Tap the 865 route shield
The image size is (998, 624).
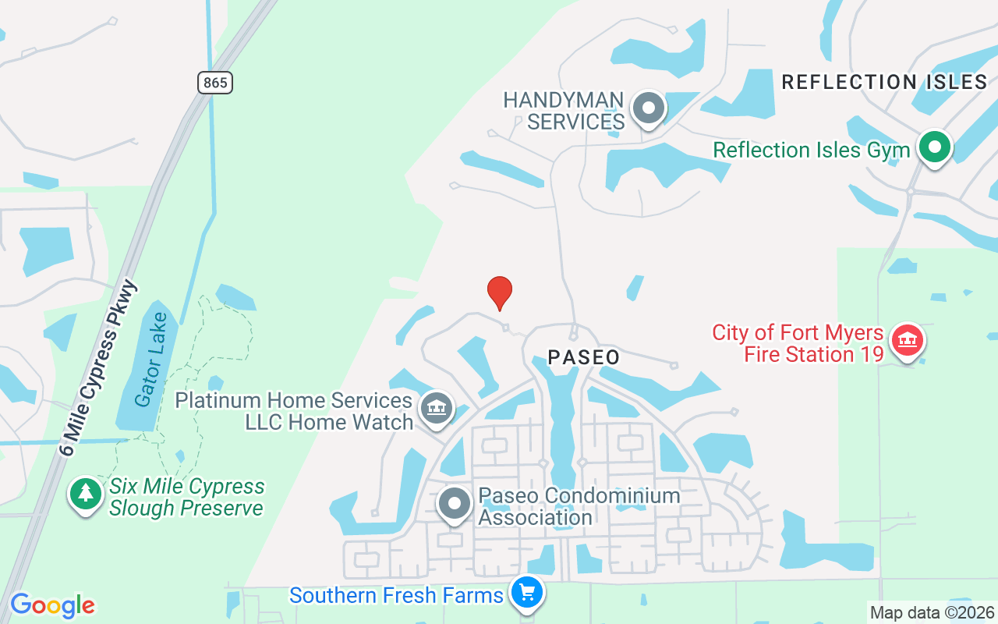point(215,83)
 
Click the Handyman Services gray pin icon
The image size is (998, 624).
point(648,108)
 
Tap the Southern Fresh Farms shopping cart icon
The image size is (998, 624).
point(527,594)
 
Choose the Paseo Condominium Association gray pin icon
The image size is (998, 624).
point(454,504)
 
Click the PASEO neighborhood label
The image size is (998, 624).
point(584,358)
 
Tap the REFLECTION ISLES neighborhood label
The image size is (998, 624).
point(885,82)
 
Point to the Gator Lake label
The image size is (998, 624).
point(150,360)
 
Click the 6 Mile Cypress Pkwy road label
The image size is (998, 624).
point(98,367)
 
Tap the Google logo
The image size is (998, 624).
point(52,605)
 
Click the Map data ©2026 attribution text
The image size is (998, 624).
point(932,613)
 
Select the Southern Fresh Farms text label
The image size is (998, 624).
point(396,596)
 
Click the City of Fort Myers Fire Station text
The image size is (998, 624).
point(798,344)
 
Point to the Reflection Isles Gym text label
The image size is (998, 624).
point(812,151)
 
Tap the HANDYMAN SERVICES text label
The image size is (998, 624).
point(564,112)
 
